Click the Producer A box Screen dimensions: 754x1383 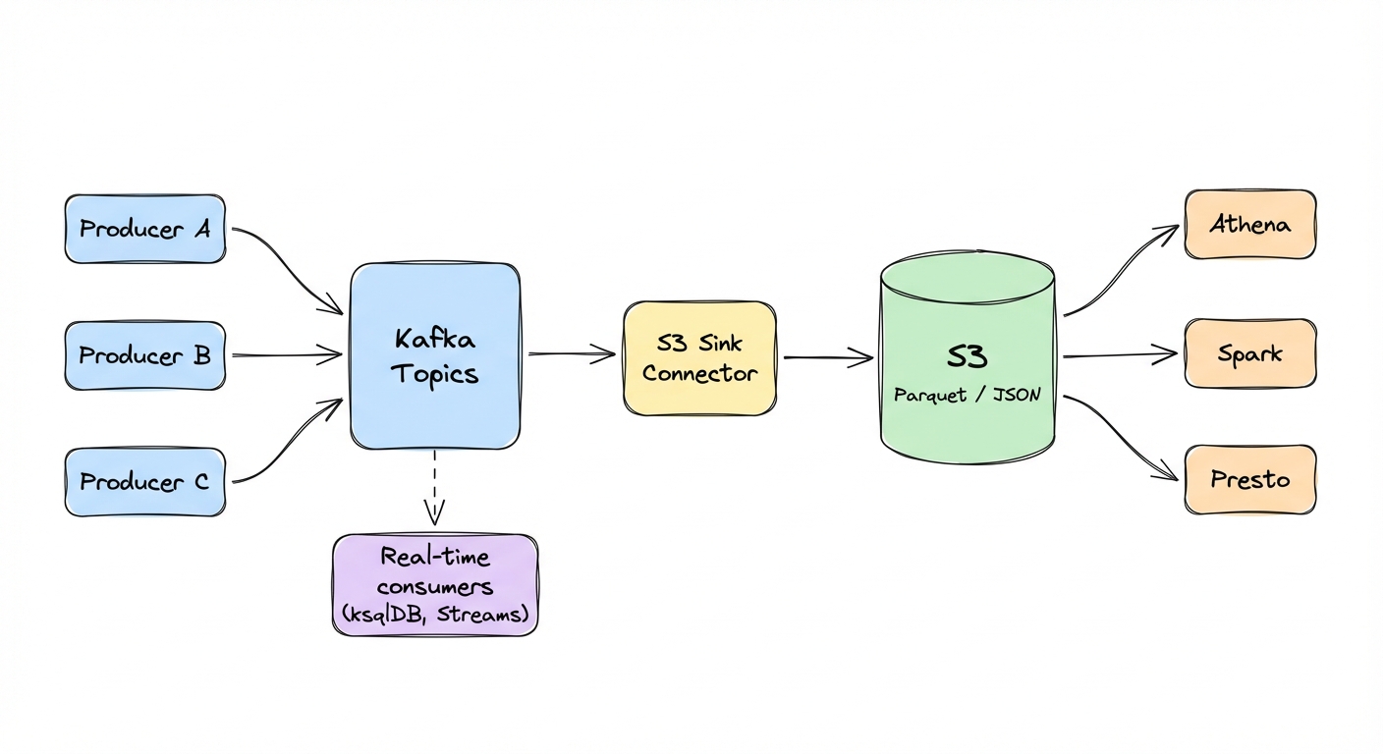pyautogui.click(x=144, y=229)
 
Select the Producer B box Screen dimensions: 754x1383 pyautogui.click(x=144, y=355)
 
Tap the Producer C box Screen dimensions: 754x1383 pyautogui.click(x=144, y=482)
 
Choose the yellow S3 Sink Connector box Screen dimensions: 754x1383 pyautogui.click(x=699, y=358)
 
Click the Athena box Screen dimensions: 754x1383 pyautogui.click(x=1249, y=225)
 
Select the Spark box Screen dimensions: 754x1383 pyautogui.click(x=1249, y=353)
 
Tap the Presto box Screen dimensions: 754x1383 pyautogui.click(x=1249, y=480)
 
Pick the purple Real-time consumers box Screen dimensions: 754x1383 pyautogui.click(x=435, y=585)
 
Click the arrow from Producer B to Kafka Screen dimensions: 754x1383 pyautogui.click(x=286, y=355)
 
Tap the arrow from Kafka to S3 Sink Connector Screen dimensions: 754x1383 pyautogui.click(x=571, y=354)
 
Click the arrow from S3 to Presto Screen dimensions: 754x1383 pyautogui.click(x=1120, y=437)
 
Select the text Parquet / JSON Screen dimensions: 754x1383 pyautogui.click(x=968, y=395)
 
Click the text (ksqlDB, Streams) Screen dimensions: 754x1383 pyautogui.click(x=435, y=616)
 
